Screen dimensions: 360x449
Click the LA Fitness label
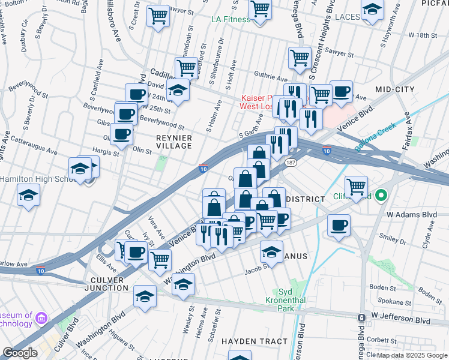point(231,19)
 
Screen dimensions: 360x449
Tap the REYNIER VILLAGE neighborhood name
point(174,142)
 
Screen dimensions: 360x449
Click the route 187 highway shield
point(291,163)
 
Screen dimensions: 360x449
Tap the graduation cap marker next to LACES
point(372,11)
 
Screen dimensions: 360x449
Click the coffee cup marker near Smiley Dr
point(339,226)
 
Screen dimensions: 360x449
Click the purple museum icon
point(41,317)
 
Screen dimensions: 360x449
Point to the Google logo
point(19,353)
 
